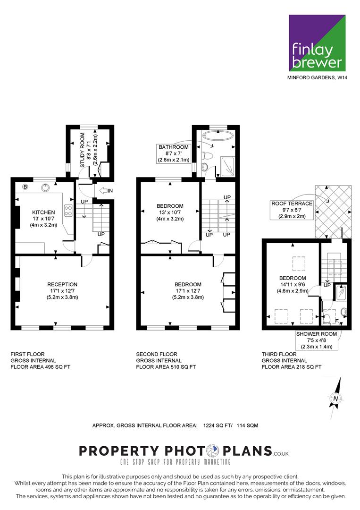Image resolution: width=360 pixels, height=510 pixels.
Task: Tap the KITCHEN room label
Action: pyautogui.click(x=43, y=212)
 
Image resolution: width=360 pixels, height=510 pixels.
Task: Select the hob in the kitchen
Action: pyautogui.click(x=68, y=210)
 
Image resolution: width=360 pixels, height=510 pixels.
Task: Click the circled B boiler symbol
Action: pyautogui.click(x=25, y=187)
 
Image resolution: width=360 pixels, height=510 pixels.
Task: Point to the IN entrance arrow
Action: pyautogui.click(x=106, y=190)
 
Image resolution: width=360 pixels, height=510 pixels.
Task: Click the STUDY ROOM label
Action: pyautogui.click(x=82, y=150)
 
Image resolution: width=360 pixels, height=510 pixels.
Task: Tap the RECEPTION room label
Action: pyautogui.click(x=62, y=284)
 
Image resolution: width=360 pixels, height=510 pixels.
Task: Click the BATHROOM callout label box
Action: pyautogui.click(x=173, y=153)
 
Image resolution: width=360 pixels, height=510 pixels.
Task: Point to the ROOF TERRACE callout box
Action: pyautogui.click(x=292, y=210)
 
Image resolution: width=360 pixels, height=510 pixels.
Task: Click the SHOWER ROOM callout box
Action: pyautogui.click(x=317, y=340)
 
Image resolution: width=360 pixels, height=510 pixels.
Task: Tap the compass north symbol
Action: pyautogui.click(x=335, y=398)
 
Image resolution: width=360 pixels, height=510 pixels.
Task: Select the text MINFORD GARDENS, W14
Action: pyautogui.click(x=317, y=78)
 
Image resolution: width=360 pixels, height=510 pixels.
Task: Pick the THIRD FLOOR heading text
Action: pyautogui.click(x=279, y=354)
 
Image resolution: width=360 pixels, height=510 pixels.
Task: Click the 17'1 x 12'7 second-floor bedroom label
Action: pyautogui.click(x=188, y=291)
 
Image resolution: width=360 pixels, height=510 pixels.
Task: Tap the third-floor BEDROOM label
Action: pyautogui.click(x=293, y=278)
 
